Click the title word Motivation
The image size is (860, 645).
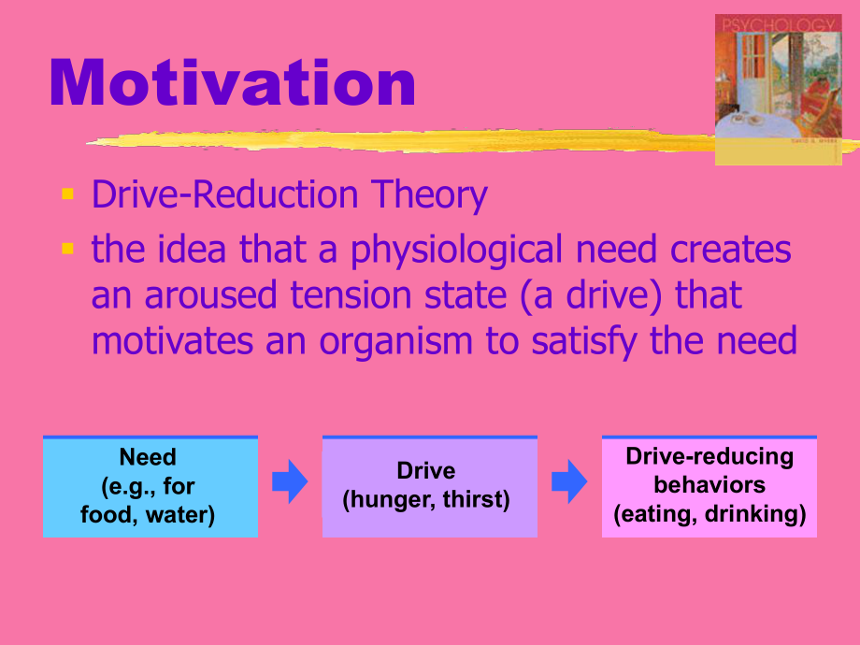pos(232,82)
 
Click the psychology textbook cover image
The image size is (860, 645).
pos(779,90)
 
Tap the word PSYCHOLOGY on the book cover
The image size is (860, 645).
pos(779,25)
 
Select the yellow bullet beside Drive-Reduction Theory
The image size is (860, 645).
pos(68,193)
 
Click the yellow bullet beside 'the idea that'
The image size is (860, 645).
pos(68,249)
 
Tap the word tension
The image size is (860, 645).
pos(351,295)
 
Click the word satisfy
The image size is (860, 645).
pos(584,342)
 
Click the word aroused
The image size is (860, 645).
pos(210,295)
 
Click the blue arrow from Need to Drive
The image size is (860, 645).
pos(290,481)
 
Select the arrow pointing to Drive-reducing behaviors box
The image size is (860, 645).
pos(569,481)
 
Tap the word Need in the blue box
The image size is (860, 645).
pos(148,457)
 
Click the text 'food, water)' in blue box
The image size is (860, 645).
pos(148,515)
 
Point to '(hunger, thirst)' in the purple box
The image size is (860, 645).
pos(426,500)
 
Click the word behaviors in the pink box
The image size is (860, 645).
pos(709,485)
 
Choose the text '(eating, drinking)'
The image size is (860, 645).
pos(709,514)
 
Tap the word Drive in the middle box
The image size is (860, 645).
pos(426,470)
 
